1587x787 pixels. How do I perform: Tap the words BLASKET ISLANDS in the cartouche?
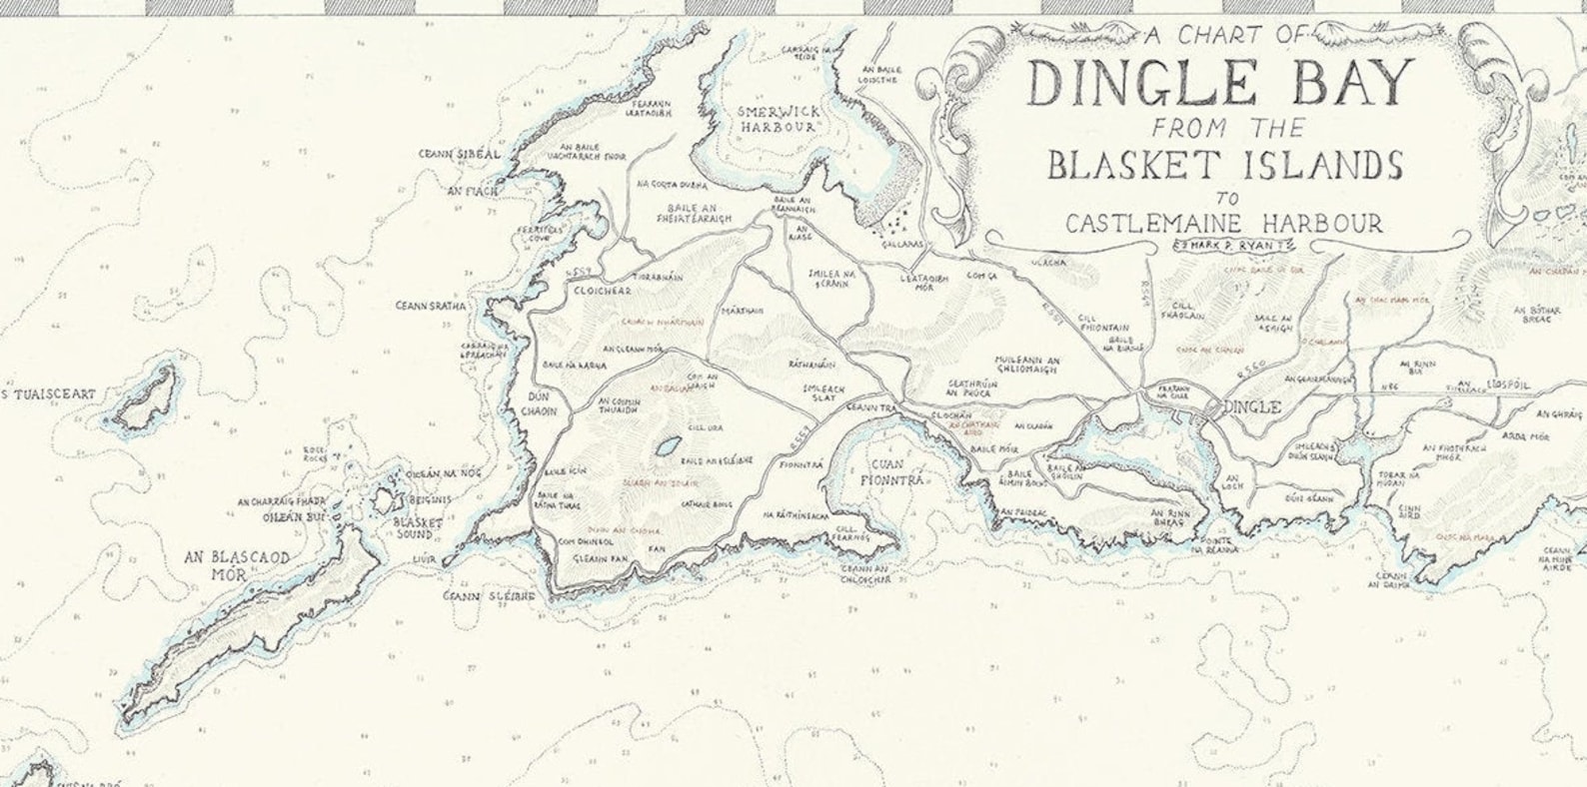pos(1225,165)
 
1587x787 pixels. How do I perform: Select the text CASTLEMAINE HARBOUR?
pos(1224,223)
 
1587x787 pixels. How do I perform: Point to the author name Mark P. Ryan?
pos(1224,246)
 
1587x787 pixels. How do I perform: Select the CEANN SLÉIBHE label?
pos(490,596)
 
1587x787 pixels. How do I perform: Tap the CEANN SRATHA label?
pos(431,307)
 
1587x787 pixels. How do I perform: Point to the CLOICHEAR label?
pos(598,292)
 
